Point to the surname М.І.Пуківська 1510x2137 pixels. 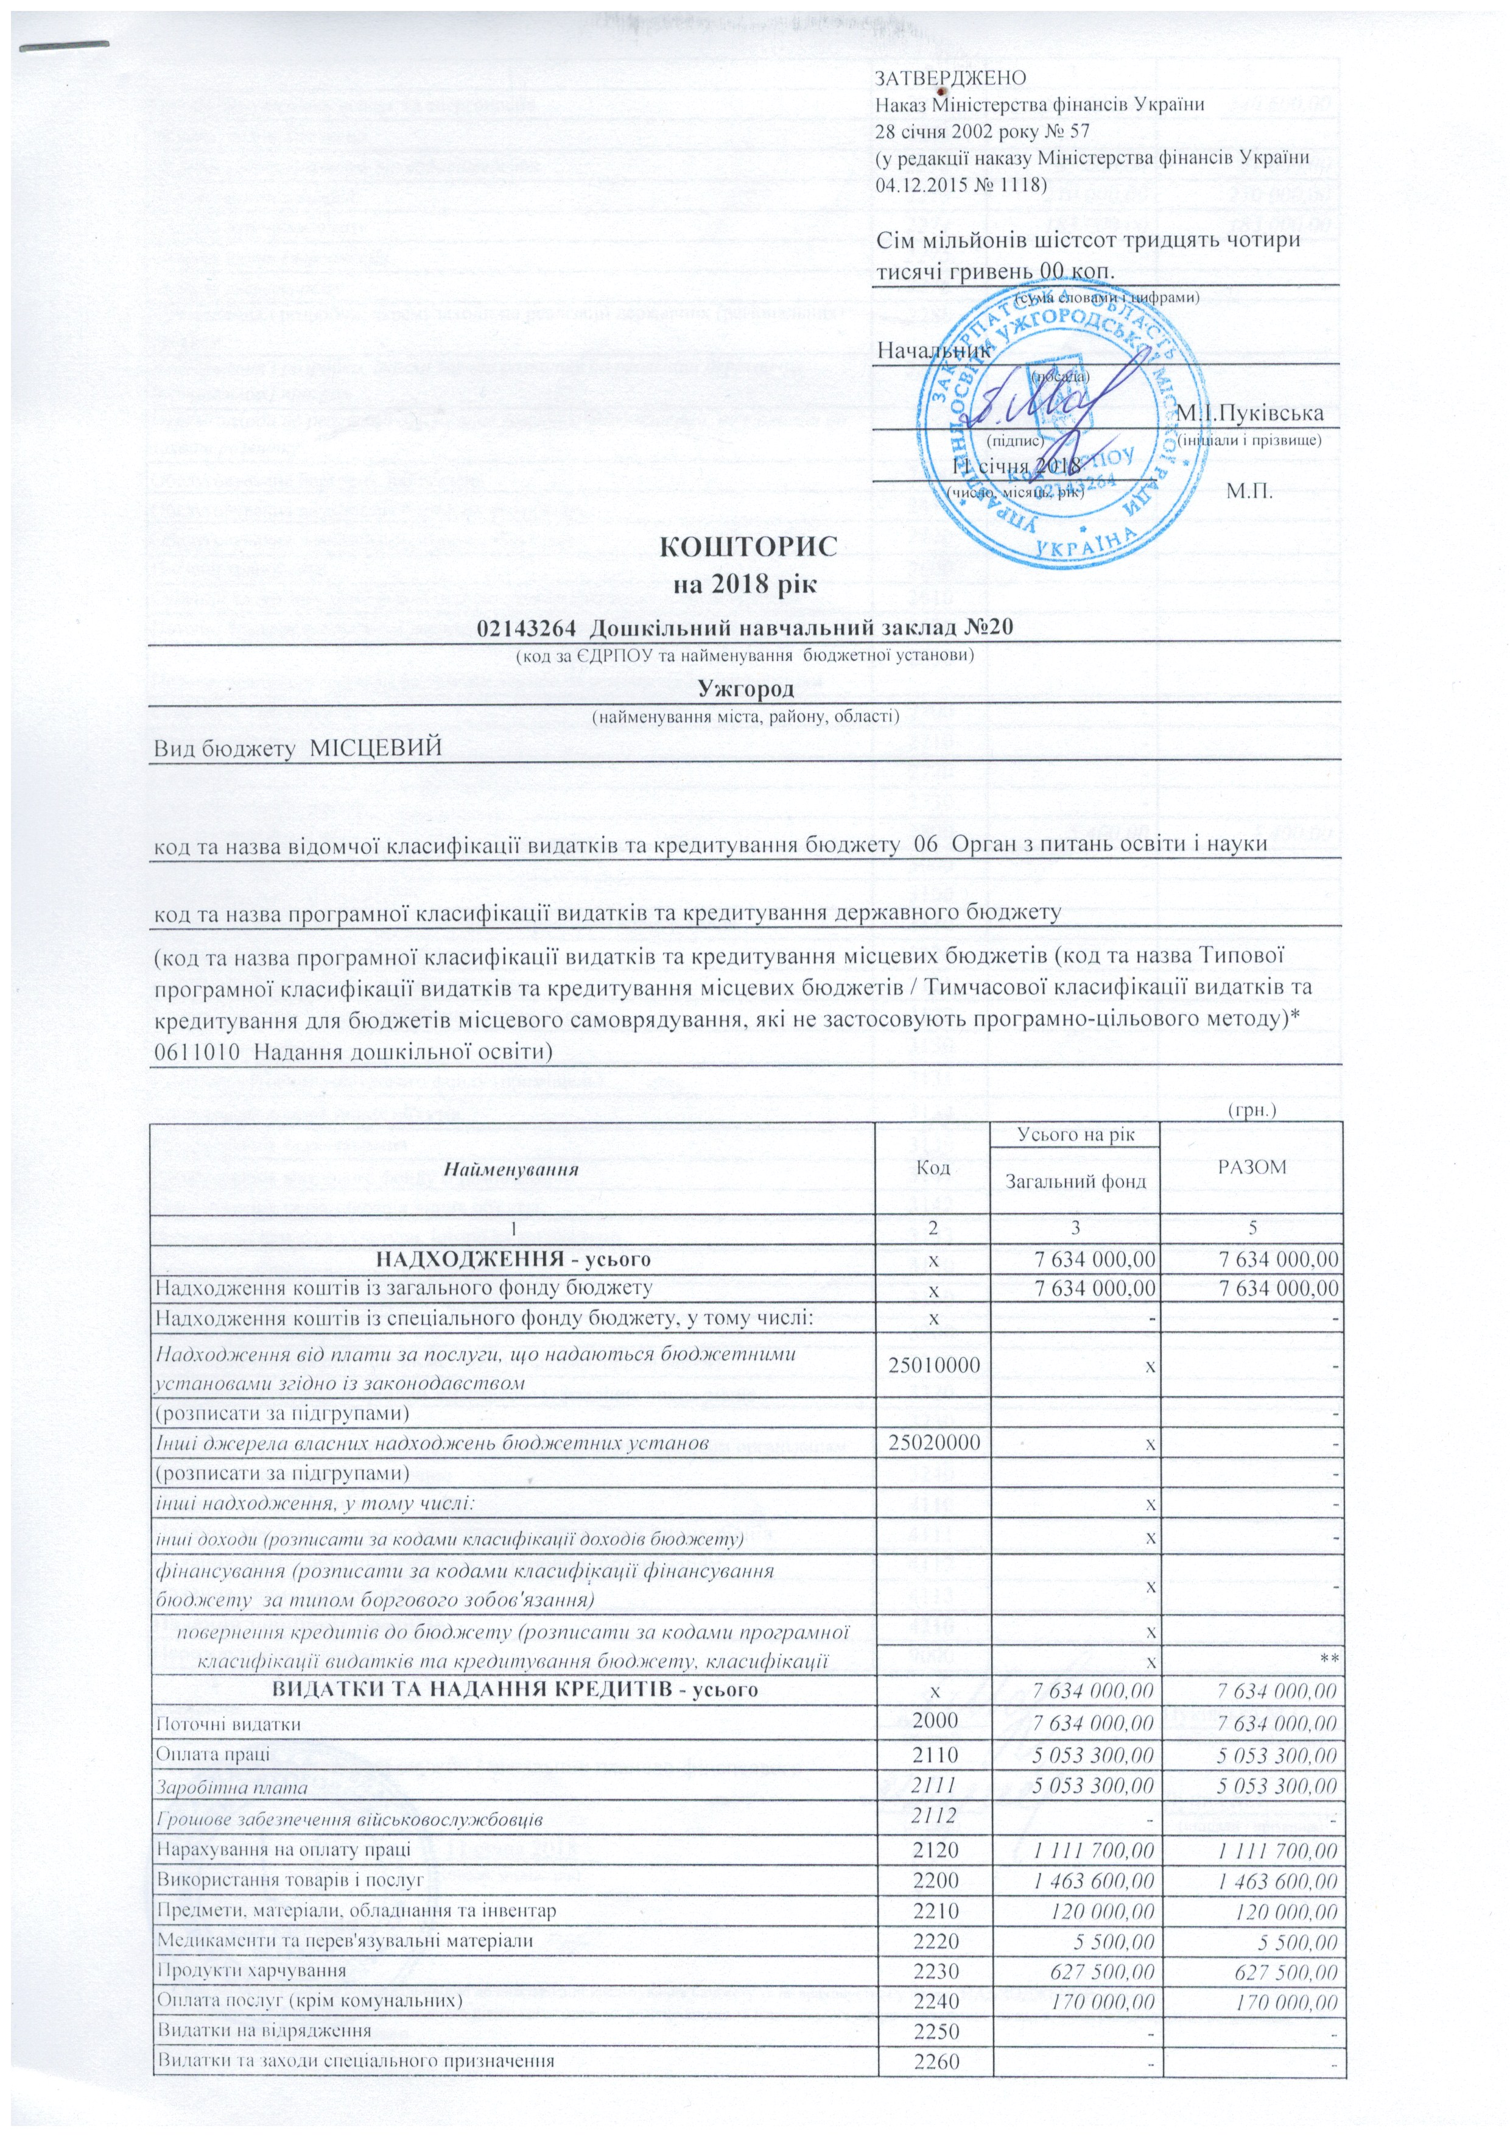pos(1251,412)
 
